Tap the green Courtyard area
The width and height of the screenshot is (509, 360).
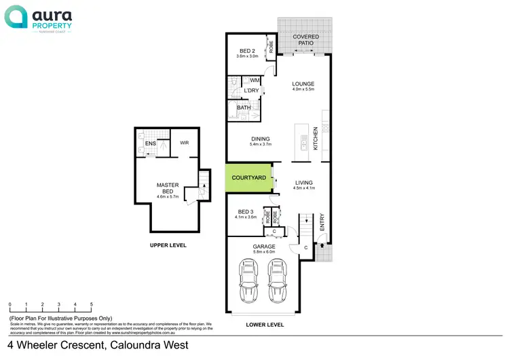pos(248,178)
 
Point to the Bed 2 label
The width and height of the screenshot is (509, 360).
pos(248,51)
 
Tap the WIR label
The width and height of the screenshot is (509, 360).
pos(184,143)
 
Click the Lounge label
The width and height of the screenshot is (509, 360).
pos(303,84)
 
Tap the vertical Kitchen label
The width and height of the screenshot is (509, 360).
pos(316,141)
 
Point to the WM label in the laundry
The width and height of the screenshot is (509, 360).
pos(254,80)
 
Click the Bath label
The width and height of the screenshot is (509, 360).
pos(243,107)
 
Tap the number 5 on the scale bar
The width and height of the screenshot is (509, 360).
pos(92,305)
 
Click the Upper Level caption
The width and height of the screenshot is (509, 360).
pos(168,245)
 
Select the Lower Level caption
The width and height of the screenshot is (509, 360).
pos(264,325)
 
